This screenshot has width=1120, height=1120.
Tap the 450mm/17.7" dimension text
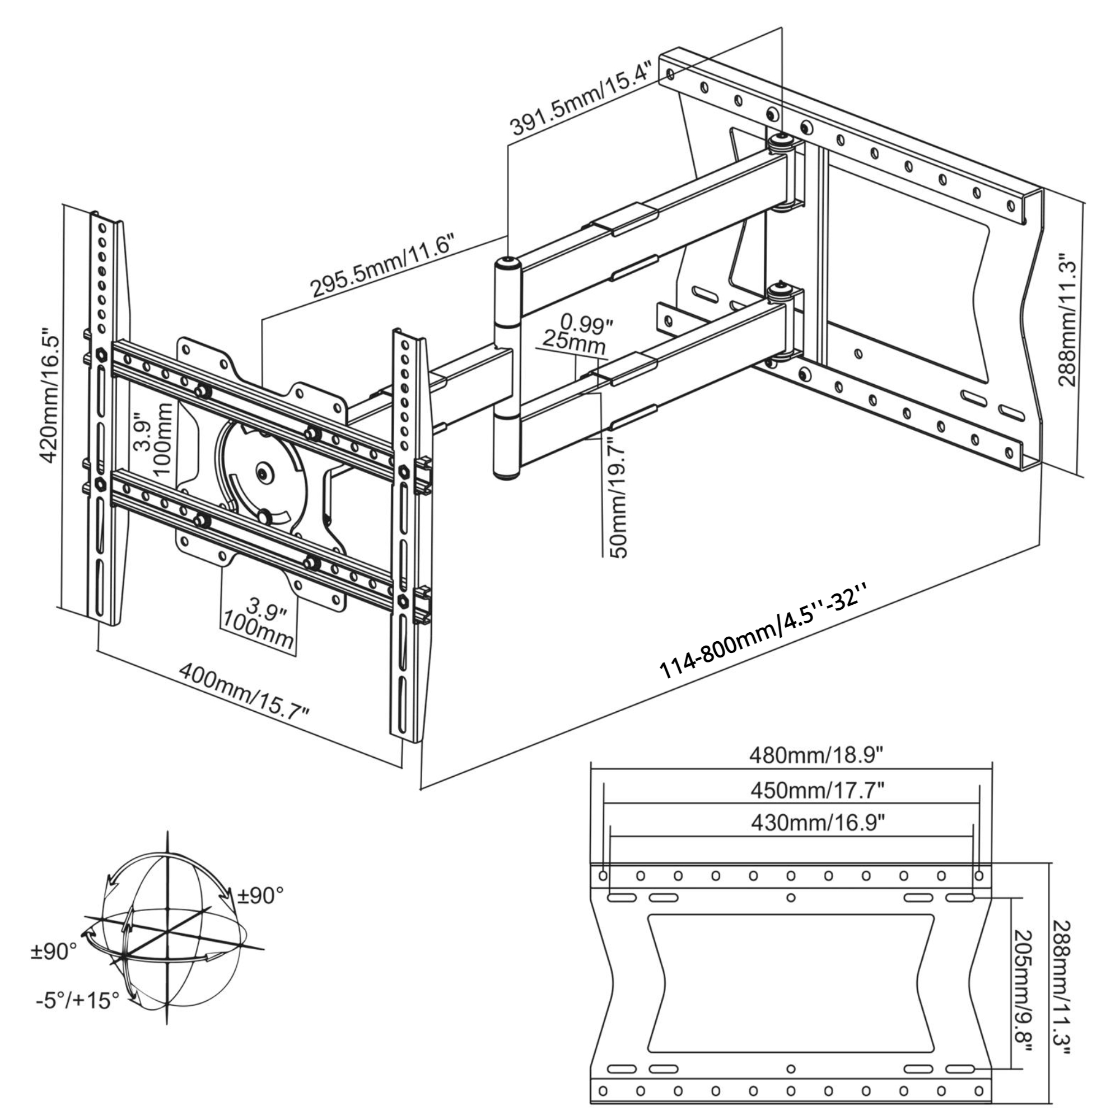(x=818, y=789)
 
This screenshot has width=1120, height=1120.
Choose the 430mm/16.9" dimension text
(x=818, y=822)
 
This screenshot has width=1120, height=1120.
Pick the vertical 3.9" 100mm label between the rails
(x=153, y=439)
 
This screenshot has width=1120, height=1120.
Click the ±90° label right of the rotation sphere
(x=261, y=895)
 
